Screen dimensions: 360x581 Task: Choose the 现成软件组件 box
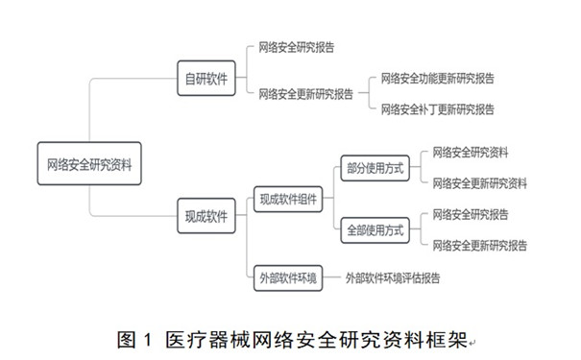pyautogui.click(x=286, y=200)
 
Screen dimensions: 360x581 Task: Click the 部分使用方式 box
pyautogui.click(x=375, y=168)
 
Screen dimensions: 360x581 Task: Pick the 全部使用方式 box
pyautogui.click(x=375, y=230)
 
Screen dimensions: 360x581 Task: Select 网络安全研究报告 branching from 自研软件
pyautogui.click(x=296, y=46)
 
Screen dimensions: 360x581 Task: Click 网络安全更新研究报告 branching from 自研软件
pyautogui.click(x=305, y=93)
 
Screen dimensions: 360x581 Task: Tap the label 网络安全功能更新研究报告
pyautogui.click(x=437, y=78)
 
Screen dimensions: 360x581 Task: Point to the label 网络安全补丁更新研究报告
pyautogui.click(x=437, y=109)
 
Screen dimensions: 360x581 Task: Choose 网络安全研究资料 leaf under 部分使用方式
pyautogui.click(x=471, y=153)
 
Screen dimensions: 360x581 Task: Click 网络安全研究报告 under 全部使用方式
pyautogui.click(x=471, y=215)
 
